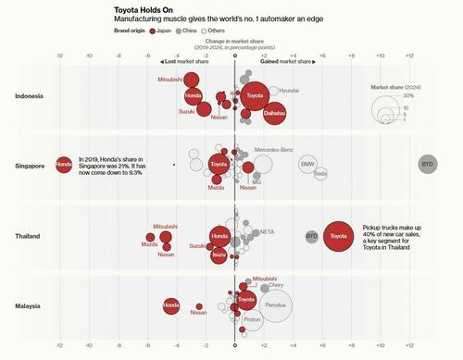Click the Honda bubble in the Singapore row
pyautogui.click(x=63, y=164)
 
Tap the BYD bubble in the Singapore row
pyautogui.click(x=427, y=164)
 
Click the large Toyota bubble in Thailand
pyautogui.click(x=338, y=237)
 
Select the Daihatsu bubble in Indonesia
pyautogui.click(x=274, y=112)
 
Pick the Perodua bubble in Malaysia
pyautogui.click(x=274, y=304)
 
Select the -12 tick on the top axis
pyautogui.click(x=58, y=55)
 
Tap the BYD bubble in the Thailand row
pyautogui.click(x=312, y=236)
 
